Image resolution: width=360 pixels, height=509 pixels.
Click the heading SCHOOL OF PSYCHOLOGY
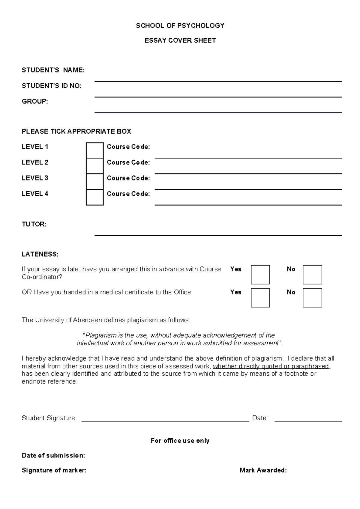pyautogui.click(x=180, y=26)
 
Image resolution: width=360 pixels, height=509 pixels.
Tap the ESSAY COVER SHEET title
pyautogui.click(x=180, y=40)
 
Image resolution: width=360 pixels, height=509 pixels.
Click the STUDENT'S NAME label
pyautogui.click(x=53, y=70)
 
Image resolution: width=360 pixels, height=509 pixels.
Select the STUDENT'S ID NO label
pyautogui.click(x=52, y=86)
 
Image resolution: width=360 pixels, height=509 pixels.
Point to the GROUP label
pyautogui.click(x=35, y=102)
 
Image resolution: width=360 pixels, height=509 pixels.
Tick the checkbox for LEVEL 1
pyautogui.click(x=94, y=150)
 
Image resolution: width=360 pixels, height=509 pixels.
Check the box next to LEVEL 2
pyautogui.click(x=94, y=166)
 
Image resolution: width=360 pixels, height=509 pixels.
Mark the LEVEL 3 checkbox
pyautogui.click(x=94, y=182)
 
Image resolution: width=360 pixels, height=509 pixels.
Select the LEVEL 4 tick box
pyautogui.click(x=94, y=197)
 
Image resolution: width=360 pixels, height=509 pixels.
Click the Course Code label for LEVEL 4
pyautogui.click(x=128, y=194)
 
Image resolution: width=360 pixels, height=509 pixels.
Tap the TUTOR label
pyautogui.click(x=34, y=224)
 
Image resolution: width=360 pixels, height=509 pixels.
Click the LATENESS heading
pyautogui.click(x=40, y=254)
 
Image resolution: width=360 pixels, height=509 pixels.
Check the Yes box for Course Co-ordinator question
pyautogui.click(x=260, y=275)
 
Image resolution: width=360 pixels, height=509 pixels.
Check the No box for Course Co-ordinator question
pyautogui.click(x=312, y=275)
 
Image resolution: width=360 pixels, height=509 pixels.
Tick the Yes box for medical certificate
pyautogui.click(x=260, y=298)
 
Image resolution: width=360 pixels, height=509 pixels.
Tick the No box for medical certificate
pyautogui.click(x=312, y=298)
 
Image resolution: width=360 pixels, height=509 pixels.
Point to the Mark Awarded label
pyautogui.click(x=263, y=470)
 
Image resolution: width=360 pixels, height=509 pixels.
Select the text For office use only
pyautogui.click(x=180, y=441)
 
